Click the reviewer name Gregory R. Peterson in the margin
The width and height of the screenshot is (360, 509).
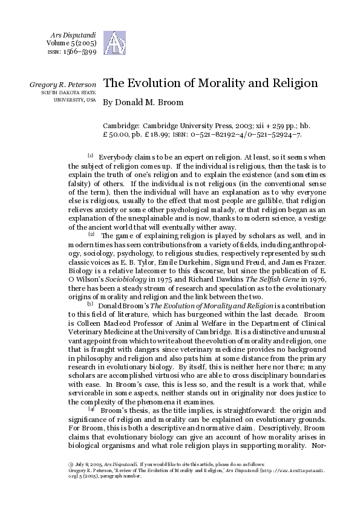[62, 84]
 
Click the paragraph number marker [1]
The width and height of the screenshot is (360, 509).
[90, 156]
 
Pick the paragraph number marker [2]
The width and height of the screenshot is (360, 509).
[91, 233]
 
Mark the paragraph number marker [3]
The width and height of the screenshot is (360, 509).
[90, 303]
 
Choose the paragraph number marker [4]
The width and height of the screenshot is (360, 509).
[91, 409]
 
